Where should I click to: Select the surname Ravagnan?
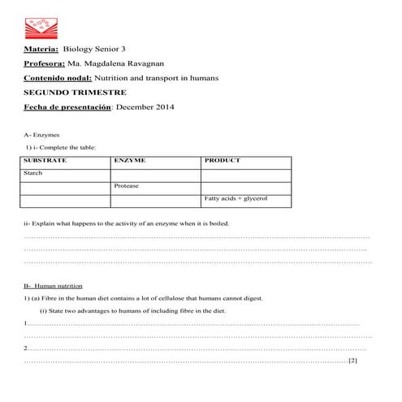149,63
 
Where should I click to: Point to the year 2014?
166,106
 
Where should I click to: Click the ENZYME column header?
130,161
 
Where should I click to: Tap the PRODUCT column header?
223,161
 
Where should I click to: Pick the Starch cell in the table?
33,173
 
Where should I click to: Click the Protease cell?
127,186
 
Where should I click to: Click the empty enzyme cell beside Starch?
155,174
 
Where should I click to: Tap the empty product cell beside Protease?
245,186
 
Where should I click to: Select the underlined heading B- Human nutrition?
53,285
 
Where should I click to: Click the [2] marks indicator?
352,360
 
